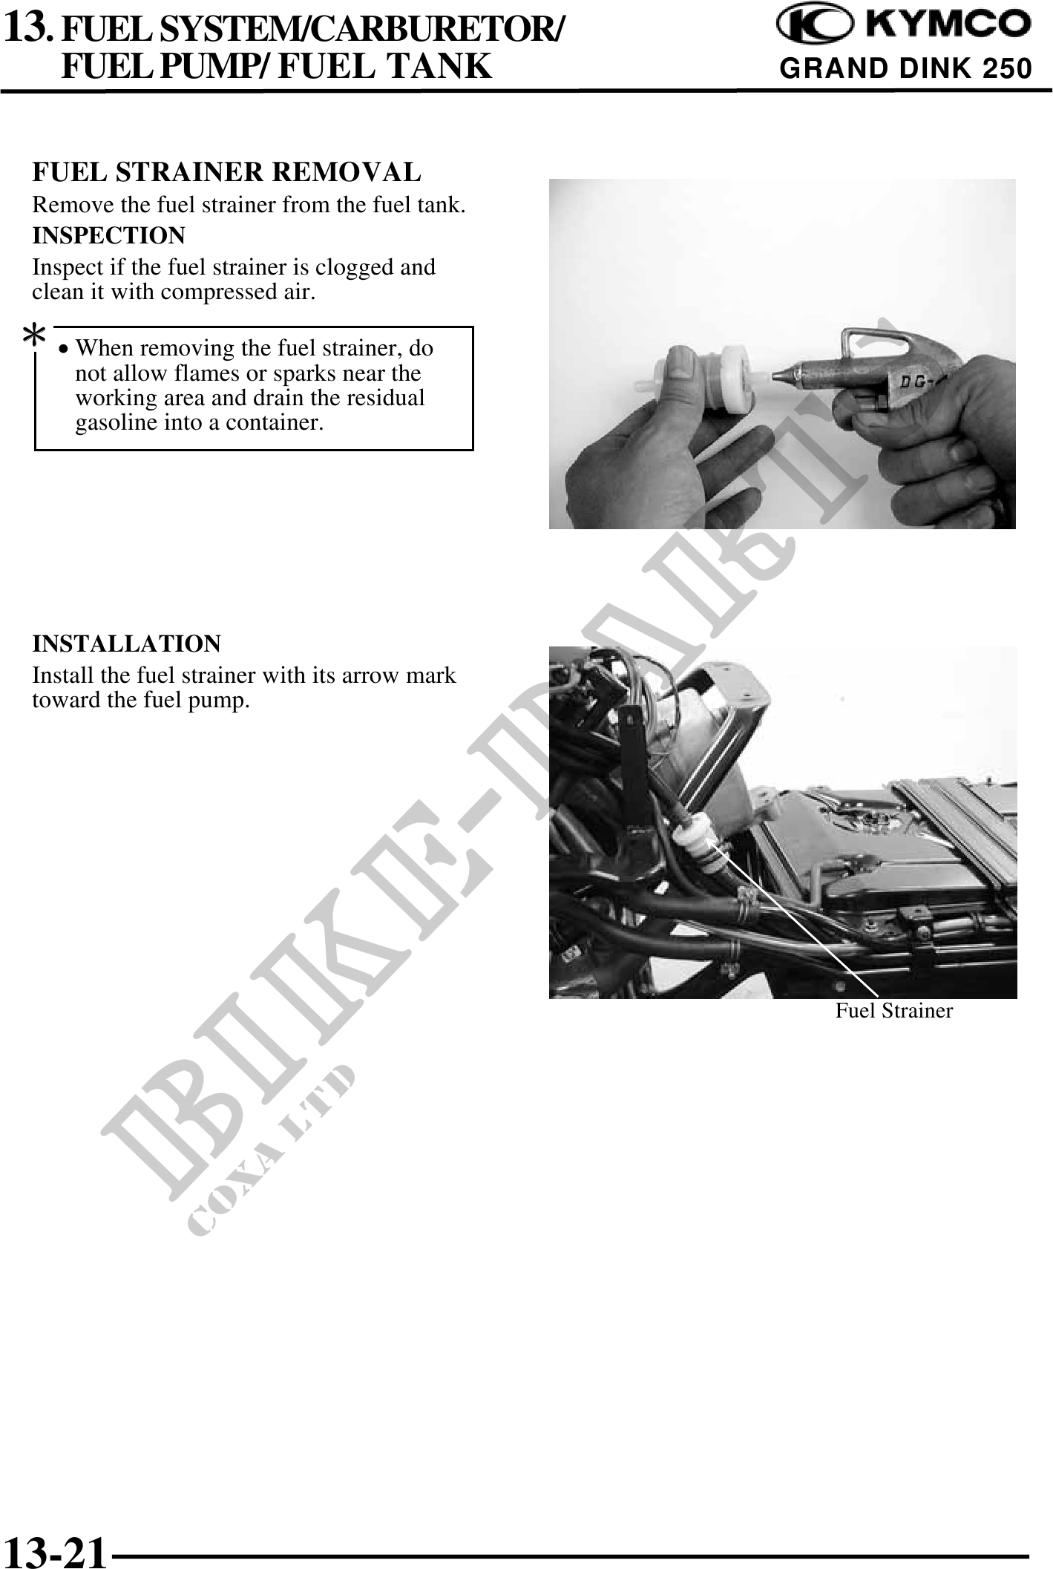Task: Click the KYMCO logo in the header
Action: tap(904, 27)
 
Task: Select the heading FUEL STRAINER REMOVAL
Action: tap(226, 172)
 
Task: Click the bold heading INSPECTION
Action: tap(108, 236)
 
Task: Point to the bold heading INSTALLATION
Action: tap(126, 643)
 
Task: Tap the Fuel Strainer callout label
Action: tap(893, 1010)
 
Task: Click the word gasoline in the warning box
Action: tap(121, 423)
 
